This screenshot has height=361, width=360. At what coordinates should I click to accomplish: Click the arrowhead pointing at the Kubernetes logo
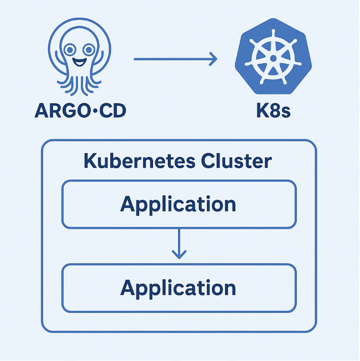click(212, 60)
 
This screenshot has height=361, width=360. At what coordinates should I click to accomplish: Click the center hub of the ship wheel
click(272, 57)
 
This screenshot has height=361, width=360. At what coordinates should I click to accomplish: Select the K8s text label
click(273, 111)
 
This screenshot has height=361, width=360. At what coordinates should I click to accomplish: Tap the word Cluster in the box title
click(239, 161)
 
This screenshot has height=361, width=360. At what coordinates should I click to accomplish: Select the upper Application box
click(179, 205)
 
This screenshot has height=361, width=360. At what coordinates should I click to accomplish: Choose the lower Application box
click(179, 288)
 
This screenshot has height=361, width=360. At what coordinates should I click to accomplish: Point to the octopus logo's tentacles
click(79, 84)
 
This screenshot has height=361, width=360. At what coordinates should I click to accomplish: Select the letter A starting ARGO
click(42, 111)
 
